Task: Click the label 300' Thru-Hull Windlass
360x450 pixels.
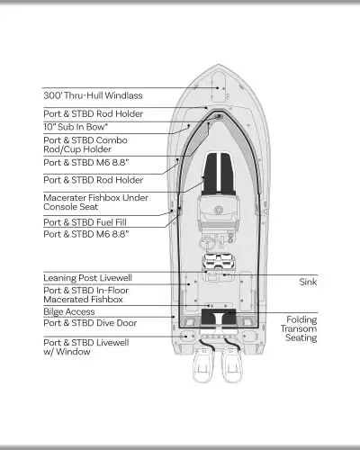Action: click(x=93, y=95)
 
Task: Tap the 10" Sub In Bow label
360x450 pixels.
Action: click(x=76, y=127)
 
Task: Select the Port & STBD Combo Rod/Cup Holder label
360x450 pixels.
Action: click(x=85, y=145)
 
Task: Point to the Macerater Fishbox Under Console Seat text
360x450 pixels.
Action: click(x=95, y=202)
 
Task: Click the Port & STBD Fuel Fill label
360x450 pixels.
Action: click(x=85, y=222)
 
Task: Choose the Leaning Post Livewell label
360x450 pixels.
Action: click(x=87, y=278)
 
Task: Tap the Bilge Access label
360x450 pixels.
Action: click(x=69, y=311)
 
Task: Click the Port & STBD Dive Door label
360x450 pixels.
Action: click(x=90, y=323)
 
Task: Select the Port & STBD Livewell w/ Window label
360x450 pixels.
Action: click(x=86, y=347)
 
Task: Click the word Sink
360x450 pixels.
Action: click(x=308, y=282)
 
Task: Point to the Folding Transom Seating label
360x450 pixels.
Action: click(x=299, y=328)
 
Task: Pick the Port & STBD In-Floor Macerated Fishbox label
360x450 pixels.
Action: click(x=86, y=295)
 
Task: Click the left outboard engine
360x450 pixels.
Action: click(x=203, y=364)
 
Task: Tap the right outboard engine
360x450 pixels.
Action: click(x=231, y=364)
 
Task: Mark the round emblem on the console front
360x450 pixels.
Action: click(x=219, y=210)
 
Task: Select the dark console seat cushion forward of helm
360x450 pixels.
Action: click(x=219, y=174)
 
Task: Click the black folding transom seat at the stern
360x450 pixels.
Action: click(x=219, y=317)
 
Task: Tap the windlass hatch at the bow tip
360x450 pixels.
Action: click(x=219, y=85)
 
